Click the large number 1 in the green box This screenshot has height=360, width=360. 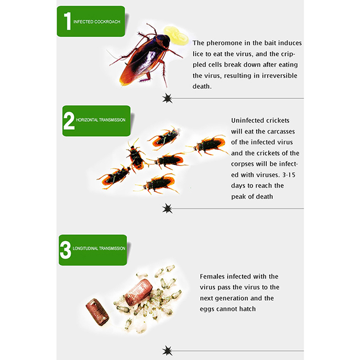pos(67,21)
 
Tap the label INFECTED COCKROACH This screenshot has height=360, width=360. pos(97,22)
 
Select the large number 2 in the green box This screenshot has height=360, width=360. pos(69,121)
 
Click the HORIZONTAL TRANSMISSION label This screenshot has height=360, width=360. pos(100,120)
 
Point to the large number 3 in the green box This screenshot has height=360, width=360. pos(65,250)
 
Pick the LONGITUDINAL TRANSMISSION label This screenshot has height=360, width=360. pos(99,248)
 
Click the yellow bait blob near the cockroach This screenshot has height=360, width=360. pos(176,35)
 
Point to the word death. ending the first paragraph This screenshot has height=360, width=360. pos(202,86)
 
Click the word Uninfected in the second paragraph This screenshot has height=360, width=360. pos(247,120)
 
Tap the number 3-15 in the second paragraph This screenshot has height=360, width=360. pos(289,175)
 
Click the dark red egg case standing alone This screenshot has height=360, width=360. pos(97,312)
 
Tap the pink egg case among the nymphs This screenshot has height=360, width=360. pos(139,292)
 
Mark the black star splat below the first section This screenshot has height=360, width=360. pos(167,98)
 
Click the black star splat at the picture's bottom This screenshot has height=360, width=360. pos(167,351)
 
